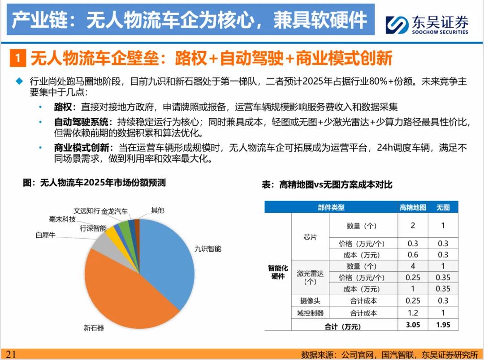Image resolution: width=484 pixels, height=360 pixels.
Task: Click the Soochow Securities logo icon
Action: coord(398,24)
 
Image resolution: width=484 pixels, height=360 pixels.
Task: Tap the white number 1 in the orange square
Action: coord(17,58)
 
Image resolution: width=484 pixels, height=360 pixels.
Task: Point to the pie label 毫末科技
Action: coord(62,219)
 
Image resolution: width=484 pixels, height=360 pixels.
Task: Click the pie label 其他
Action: coord(157,210)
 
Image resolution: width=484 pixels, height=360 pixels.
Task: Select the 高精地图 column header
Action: coord(413,207)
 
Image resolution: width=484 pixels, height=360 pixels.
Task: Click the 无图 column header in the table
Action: coord(443,207)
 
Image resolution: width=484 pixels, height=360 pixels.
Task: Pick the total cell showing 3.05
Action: coord(413,325)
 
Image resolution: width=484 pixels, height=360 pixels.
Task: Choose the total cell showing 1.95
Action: coord(443,325)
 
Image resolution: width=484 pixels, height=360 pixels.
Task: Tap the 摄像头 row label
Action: coord(310,301)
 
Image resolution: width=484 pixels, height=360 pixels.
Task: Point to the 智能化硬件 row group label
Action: coord(278,272)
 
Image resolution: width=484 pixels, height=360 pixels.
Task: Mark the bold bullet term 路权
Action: coord(62,107)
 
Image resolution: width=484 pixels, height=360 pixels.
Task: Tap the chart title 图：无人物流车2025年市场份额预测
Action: coord(94,183)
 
